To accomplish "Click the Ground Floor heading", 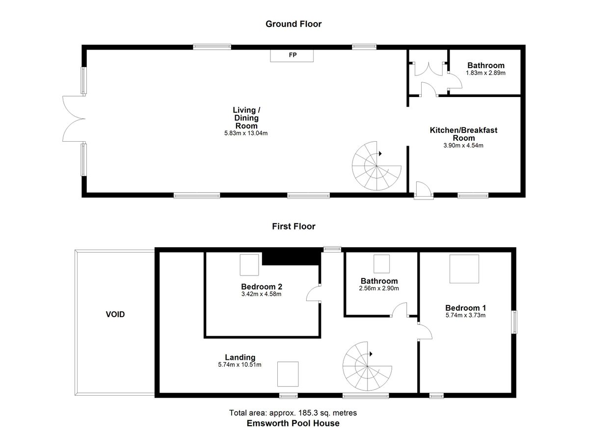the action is coord(294,24).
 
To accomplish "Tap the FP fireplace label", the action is coord(293,55).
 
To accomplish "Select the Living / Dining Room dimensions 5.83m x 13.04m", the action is coord(246,133).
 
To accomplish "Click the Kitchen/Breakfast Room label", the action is coord(463,134).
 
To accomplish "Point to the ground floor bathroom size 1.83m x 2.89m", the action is coord(485,73).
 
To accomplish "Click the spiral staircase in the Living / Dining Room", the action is coord(376,166).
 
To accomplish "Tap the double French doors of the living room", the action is coord(74,119).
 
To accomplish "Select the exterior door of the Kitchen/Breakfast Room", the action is coord(423,190).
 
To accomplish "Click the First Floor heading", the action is coord(294,227).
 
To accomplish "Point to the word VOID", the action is coord(115,314).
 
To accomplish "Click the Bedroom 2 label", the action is coord(261,286).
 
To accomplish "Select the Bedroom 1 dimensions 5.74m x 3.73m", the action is coord(465,315).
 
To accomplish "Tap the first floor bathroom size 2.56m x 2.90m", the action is coord(379,288).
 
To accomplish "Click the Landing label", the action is coord(240,357).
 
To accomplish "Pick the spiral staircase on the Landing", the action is coord(367,366).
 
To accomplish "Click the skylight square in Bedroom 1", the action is coord(464,269).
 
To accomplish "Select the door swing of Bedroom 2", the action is coord(313,294).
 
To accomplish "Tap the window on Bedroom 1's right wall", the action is coord(514,322).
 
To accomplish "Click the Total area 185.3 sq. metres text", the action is coord(293,413).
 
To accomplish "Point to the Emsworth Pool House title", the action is coord(293,423).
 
